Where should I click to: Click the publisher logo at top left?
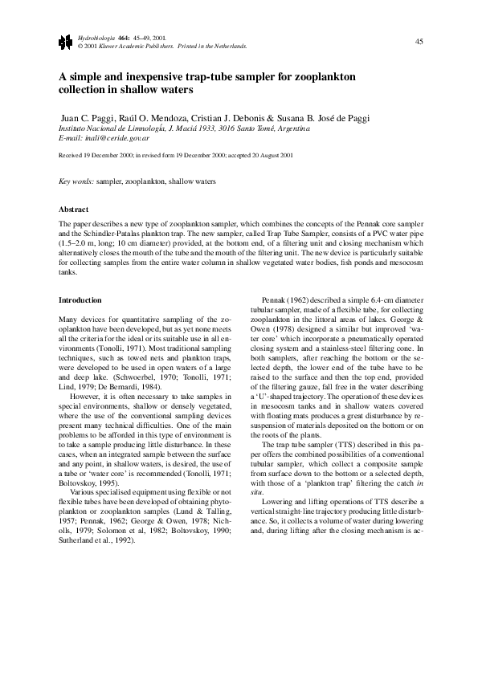66,42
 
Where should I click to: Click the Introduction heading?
80,299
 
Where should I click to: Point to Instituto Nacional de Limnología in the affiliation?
112,128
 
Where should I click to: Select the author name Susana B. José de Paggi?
323,117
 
